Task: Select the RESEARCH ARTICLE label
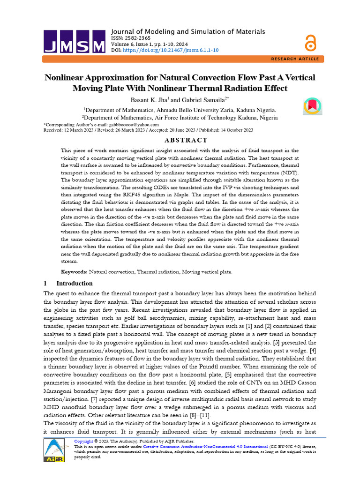click(x=295, y=59)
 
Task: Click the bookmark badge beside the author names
click(x=313, y=105)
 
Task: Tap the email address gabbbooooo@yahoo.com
click(x=132, y=125)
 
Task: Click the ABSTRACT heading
click(x=180, y=140)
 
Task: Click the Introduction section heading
click(x=74, y=284)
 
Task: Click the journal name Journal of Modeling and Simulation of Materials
click(x=187, y=31)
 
